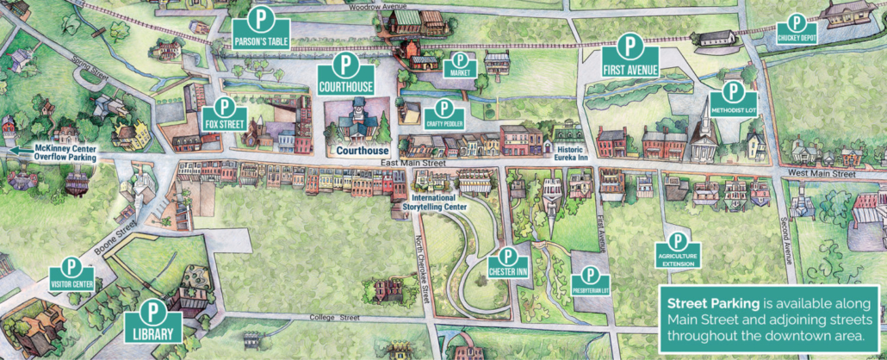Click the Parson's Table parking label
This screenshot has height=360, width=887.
[261, 40]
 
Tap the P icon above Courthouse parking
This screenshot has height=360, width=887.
[345, 65]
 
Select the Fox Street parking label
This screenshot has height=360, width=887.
[225, 123]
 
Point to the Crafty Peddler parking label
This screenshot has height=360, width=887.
[444, 123]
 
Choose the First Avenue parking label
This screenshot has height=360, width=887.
[631, 68]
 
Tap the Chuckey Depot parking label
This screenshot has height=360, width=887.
[796, 39]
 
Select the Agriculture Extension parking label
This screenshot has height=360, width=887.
[678, 259]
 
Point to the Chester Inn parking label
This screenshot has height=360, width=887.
[507, 271]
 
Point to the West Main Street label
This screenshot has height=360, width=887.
[822, 174]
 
